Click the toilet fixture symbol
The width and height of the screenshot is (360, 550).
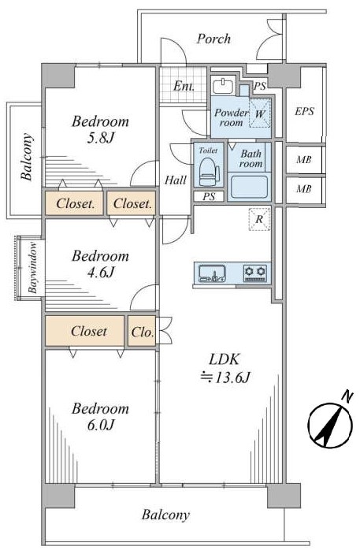click(208, 172)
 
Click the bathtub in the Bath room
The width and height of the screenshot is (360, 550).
click(249, 187)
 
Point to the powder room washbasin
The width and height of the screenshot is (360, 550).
click(223, 86)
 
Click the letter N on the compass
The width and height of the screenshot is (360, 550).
click(347, 397)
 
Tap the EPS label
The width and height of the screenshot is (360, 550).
click(304, 112)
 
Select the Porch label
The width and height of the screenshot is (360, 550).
click(213, 39)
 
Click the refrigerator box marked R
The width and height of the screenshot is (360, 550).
click(259, 220)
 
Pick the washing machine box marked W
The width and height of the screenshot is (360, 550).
click(260, 113)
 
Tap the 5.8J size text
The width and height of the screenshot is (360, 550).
click(100, 138)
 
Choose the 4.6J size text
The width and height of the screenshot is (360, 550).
click(101, 273)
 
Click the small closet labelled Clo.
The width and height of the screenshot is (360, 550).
click(142, 332)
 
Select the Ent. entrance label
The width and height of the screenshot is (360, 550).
click(184, 86)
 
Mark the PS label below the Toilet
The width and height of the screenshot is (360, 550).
click(209, 197)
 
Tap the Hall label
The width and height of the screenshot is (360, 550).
click(176, 180)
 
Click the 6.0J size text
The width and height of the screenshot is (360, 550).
click(100, 426)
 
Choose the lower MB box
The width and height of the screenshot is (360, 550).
click(304, 189)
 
